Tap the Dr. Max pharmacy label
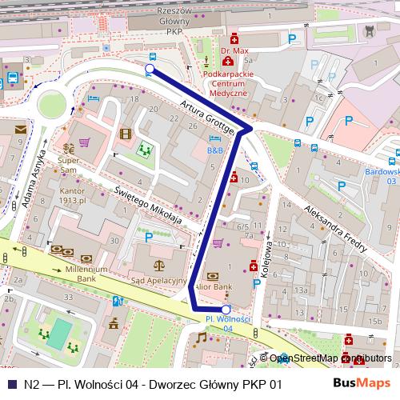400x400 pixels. tap(234, 50)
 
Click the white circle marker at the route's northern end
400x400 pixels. tap(150, 70)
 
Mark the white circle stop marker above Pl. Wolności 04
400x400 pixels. tap(226, 309)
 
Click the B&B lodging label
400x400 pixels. tap(215, 150)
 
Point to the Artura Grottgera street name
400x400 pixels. tap(206, 117)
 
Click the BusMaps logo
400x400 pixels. tap(362, 383)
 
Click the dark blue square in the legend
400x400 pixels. tap(10, 384)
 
